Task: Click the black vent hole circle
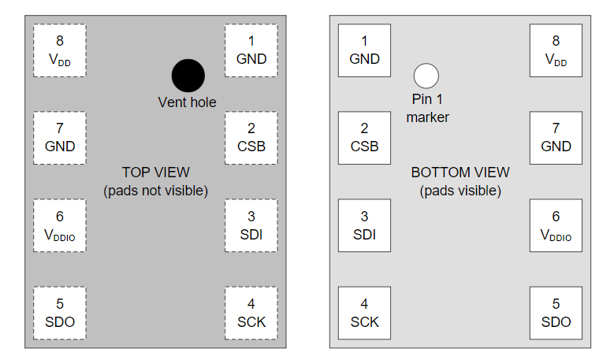click(188, 76)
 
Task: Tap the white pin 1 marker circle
click(426, 76)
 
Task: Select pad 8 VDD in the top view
click(60, 50)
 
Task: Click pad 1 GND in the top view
click(251, 50)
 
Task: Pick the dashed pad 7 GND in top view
click(60, 138)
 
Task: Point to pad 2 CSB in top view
click(251, 138)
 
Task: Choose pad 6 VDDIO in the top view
click(60, 225)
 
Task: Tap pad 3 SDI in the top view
click(251, 225)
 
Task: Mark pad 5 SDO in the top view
click(60, 313)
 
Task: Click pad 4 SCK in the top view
click(251, 313)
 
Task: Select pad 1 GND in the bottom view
click(364, 50)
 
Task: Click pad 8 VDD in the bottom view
click(556, 50)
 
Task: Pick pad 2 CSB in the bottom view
click(364, 138)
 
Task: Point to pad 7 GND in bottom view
click(556, 138)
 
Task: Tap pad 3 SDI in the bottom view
click(364, 225)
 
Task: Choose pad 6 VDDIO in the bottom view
click(556, 225)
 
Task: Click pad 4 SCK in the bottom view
click(364, 313)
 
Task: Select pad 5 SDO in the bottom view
click(556, 313)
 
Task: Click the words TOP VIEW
click(155, 173)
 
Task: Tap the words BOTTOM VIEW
click(460, 173)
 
